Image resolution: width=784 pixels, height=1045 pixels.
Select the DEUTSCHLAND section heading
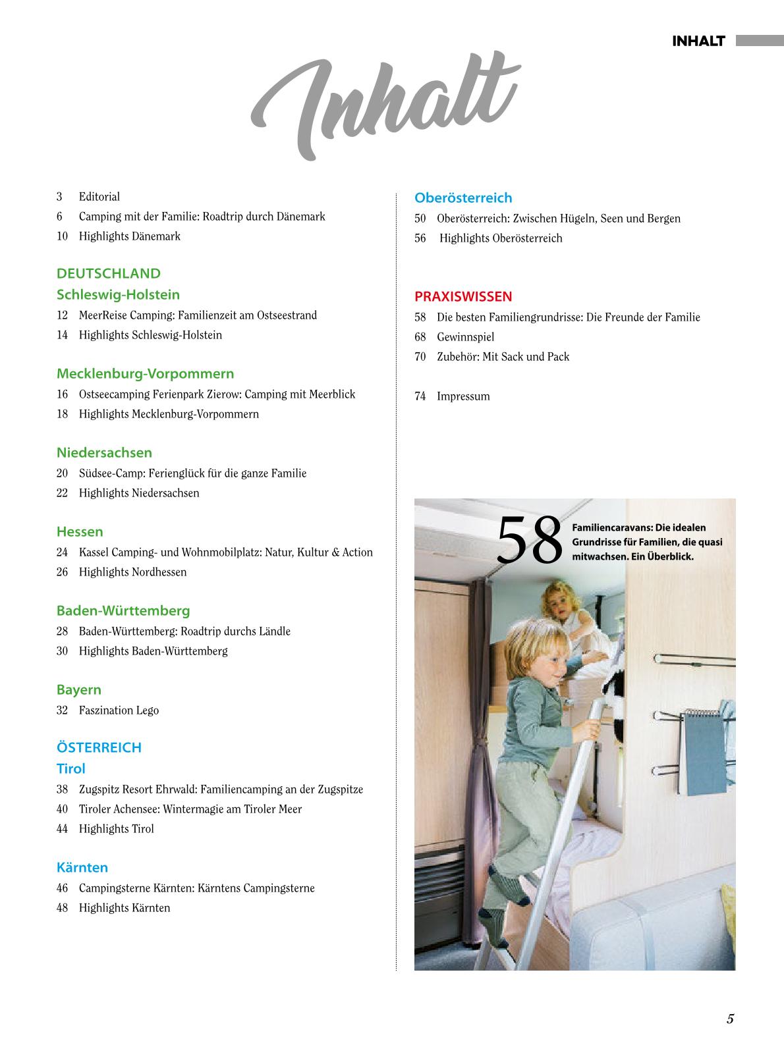[109, 273]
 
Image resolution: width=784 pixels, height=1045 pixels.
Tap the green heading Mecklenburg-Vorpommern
[145, 373]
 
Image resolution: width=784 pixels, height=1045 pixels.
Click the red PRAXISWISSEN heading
[463, 296]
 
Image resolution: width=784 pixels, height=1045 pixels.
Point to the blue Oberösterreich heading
[463, 198]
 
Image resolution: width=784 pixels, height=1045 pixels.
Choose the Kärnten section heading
[82, 867]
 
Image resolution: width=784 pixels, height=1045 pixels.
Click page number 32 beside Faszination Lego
[63, 710]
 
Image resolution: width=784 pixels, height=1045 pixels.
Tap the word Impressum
[463, 396]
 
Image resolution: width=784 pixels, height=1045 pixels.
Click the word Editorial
[99, 197]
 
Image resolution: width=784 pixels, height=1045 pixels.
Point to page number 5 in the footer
[730, 1019]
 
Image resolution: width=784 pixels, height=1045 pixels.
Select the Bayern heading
[79, 689]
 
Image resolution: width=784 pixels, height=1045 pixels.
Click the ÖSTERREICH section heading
[99, 747]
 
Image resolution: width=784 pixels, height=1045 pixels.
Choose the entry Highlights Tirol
[116, 829]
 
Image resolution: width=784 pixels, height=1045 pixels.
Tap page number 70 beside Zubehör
[420, 357]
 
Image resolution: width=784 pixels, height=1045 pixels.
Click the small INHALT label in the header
[698, 41]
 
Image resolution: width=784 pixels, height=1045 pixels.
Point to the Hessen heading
[80, 531]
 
